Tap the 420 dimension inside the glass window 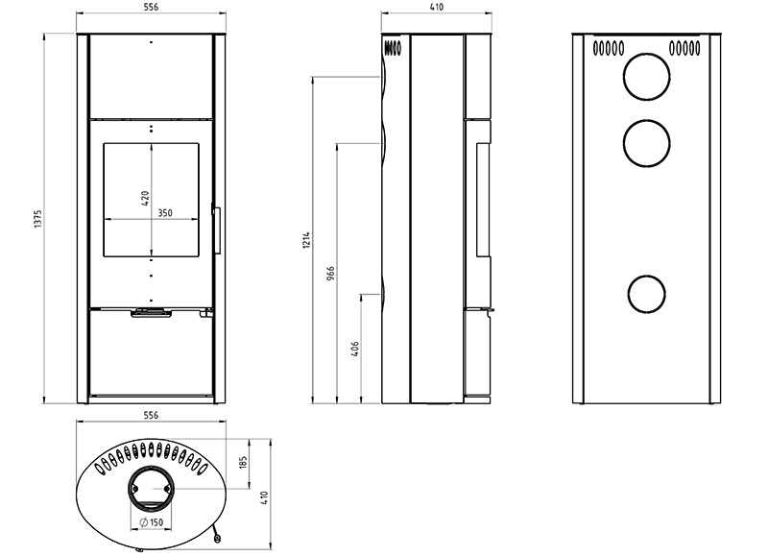click(145, 198)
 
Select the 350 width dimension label click(165, 213)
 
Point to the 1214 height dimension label click(306, 240)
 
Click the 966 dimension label click(330, 274)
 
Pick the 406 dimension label click(355, 349)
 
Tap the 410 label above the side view click(436, 7)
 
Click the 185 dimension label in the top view click(244, 463)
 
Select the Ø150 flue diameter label click(151, 522)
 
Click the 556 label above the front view click(151, 7)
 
